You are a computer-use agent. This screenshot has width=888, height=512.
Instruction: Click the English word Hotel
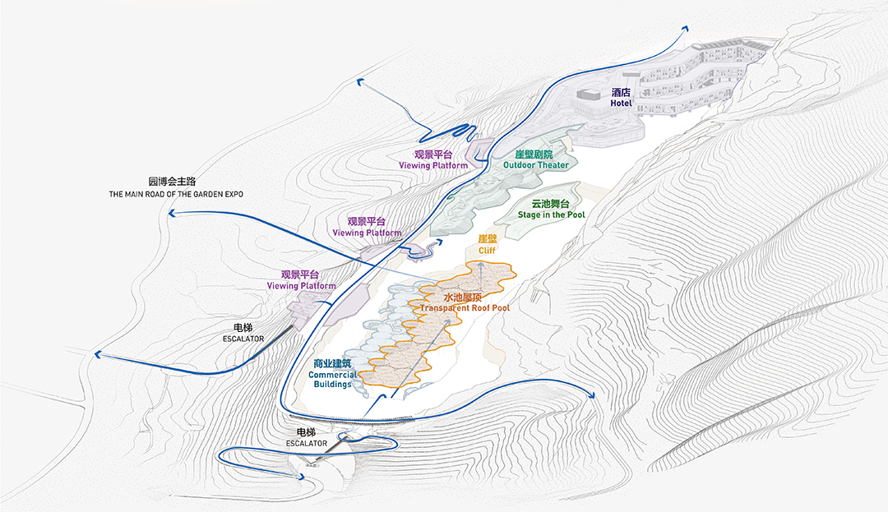tap(621, 104)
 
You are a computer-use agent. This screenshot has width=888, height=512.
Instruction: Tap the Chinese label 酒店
tap(621, 92)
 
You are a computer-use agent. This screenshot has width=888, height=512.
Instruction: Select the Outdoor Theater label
tap(536, 165)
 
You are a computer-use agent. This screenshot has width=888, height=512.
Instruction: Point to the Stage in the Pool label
tap(551, 215)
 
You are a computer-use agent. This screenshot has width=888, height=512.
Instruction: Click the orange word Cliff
tap(487, 251)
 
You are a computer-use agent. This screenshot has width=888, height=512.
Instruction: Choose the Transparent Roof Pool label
tap(465, 308)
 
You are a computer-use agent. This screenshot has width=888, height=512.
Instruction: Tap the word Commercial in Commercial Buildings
tap(332, 375)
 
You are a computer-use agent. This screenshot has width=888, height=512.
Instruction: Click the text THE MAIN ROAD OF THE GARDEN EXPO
tap(176, 194)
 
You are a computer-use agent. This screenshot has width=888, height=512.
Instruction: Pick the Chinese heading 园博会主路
tap(172, 182)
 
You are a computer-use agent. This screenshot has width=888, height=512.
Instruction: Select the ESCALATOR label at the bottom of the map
tap(307, 444)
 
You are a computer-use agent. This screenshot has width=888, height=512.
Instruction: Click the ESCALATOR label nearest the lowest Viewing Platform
tap(243, 339)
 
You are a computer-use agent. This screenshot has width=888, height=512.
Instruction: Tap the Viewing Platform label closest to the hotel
tap(433, 166)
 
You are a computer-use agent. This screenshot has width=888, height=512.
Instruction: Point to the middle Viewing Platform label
tap(367, 233)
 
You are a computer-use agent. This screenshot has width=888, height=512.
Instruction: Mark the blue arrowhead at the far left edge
tap(97, 355)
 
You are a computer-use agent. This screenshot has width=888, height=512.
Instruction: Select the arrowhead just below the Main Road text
tap(172, 214)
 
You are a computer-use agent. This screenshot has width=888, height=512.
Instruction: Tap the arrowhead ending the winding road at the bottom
tap(303, 478)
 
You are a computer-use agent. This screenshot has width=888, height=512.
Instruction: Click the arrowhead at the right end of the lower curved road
tap(592, 395)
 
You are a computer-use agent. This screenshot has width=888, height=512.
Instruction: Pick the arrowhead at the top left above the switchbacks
tap(359, 83)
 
